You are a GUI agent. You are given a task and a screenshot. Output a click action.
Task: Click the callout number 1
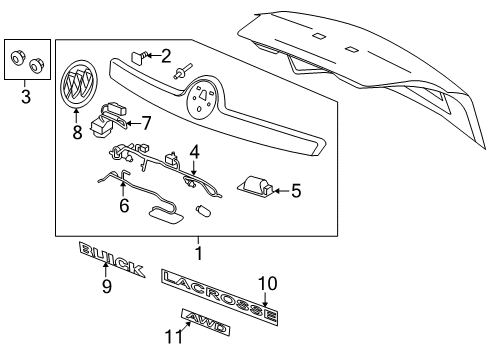[x=198, y=254]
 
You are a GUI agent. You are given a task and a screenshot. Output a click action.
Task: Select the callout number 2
[x=166, y=56]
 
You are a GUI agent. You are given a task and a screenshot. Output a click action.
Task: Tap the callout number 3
[x=25, y=97]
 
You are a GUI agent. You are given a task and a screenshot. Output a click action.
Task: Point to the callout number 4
[x=196, y=152]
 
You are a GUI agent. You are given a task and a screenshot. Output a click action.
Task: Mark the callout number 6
[x=125, y=205]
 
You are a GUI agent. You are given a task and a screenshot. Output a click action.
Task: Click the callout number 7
[x=146, y=123]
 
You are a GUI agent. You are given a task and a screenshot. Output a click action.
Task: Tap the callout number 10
[x=267, y=283]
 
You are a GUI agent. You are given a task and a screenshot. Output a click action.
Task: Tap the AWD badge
[x=213, y=322]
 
